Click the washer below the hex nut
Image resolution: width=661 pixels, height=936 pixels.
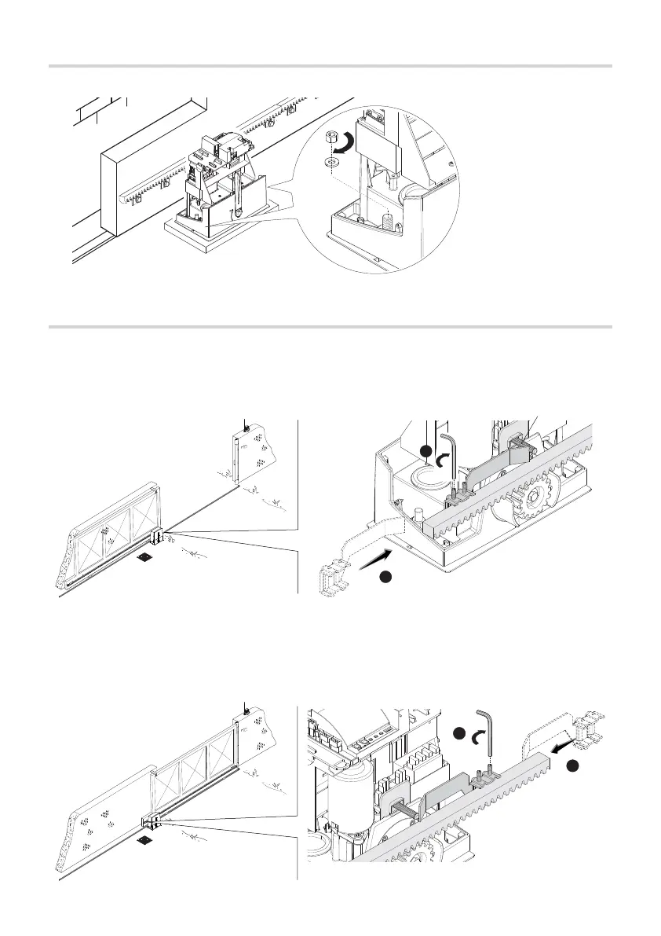tap(330, 162)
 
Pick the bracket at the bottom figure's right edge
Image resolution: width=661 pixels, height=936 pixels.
tap(588, 730)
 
